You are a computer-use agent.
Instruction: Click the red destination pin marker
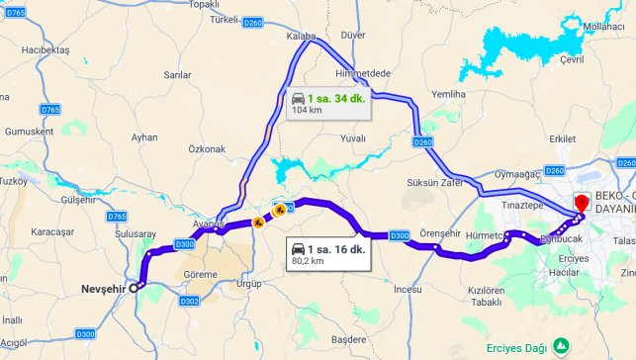[580, 202]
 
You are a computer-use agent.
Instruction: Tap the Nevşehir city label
[104, 289]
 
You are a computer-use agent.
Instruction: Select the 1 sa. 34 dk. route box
[328, 104]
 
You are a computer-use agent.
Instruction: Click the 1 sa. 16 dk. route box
[327, 255]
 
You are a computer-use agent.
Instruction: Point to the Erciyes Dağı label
[515, 347]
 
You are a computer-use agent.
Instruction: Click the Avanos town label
[209, 224]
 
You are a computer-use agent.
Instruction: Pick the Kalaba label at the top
[300, 36]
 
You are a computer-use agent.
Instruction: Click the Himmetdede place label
[364, 75]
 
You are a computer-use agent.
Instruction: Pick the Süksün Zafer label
[434, 183]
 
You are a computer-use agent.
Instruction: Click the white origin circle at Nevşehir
[138, 285]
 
